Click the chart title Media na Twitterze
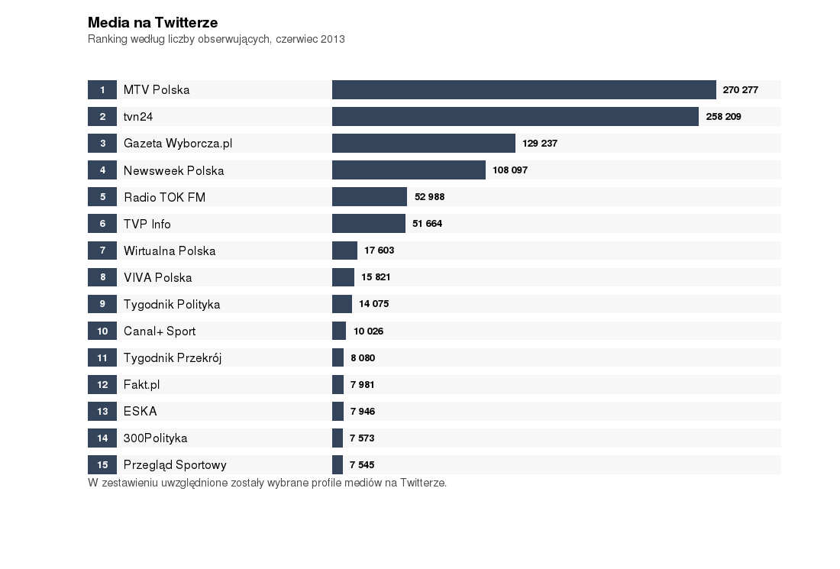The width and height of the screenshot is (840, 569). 153,23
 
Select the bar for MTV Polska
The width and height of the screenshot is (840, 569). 524,89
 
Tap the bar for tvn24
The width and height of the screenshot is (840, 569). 515,116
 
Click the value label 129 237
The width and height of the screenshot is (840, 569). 540,144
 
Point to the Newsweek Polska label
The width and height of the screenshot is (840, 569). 174,170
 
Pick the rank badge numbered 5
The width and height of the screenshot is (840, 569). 102,197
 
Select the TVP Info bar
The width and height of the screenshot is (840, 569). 369,224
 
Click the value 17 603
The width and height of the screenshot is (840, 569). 380,251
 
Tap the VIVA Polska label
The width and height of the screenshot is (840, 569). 158,277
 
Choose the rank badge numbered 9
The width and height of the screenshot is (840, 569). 102,304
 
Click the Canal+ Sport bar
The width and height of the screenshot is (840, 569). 339,331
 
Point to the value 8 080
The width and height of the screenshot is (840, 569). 363,357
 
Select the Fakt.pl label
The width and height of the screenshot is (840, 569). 142,384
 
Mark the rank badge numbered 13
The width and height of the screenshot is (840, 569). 102,411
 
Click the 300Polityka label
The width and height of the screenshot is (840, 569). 156,438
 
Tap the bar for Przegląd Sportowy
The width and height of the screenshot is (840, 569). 338,464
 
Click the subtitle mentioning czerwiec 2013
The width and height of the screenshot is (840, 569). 216,39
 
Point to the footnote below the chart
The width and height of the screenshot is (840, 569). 267,483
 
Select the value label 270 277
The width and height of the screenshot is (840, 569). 741,90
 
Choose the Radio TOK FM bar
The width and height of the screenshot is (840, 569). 370,197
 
